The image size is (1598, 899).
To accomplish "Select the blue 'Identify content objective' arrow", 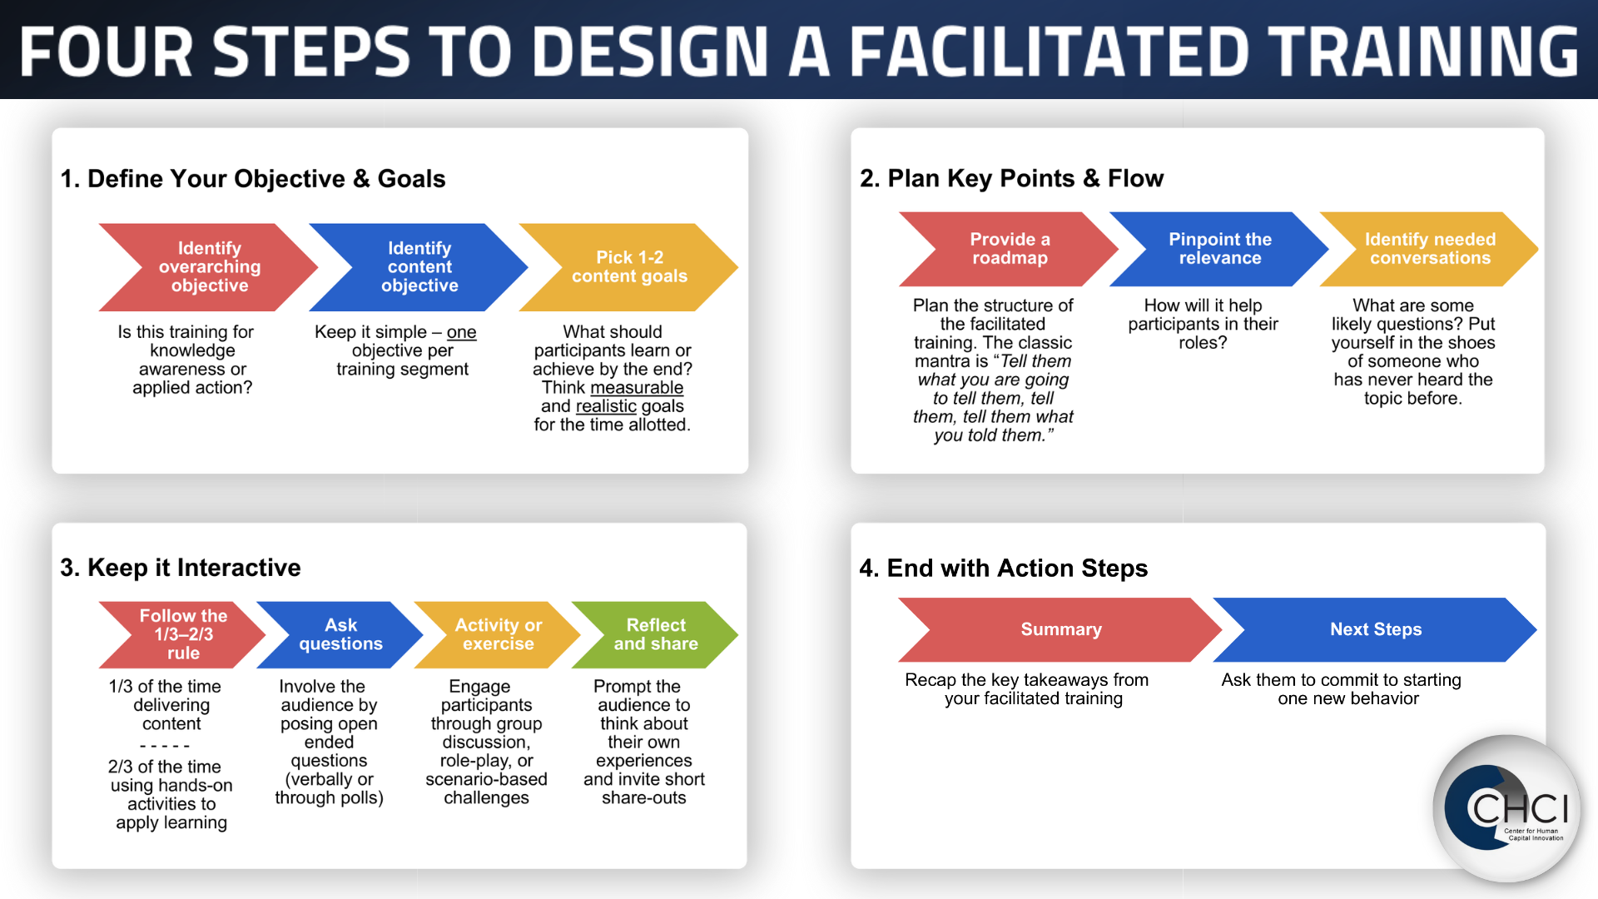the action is [419, 267].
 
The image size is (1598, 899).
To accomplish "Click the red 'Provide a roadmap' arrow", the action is [1010, 249].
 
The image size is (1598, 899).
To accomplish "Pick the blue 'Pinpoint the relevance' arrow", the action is [1220, 249].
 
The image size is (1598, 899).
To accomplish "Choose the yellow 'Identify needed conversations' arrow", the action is [1430, 249].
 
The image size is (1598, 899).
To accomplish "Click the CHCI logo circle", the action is [1507, 808].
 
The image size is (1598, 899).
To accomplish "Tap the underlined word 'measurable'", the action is [637, 388].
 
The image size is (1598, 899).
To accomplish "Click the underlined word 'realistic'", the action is [606, 406].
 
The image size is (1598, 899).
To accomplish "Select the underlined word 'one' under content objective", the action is [461, 332].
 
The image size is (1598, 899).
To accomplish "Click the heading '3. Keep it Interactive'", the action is [181, 568].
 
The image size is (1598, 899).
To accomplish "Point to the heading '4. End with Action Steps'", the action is [1004, 568].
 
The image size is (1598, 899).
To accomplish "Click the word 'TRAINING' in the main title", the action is [1422, 51].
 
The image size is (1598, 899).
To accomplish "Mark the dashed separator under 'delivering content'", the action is [165, 746].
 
